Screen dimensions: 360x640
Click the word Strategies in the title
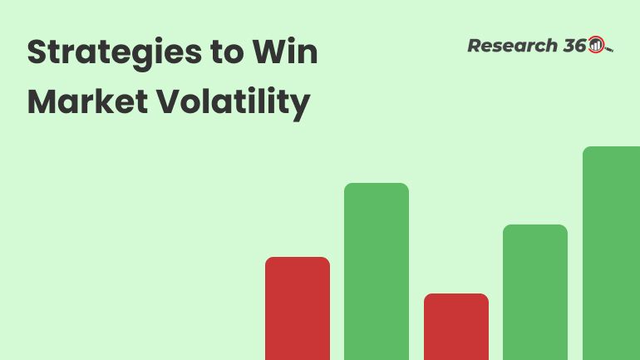point(110,53)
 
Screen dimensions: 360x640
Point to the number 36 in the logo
point(574,46)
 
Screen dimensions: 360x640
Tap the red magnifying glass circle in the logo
point(596,46)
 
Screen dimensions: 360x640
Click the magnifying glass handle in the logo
point(609,50)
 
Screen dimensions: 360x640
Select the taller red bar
point(298,308)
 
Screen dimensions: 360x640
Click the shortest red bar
point(456,326)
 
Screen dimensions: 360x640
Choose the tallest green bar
point(611,254)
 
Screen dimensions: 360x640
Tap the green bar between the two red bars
point(377,271)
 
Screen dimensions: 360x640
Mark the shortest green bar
point(535,292)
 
